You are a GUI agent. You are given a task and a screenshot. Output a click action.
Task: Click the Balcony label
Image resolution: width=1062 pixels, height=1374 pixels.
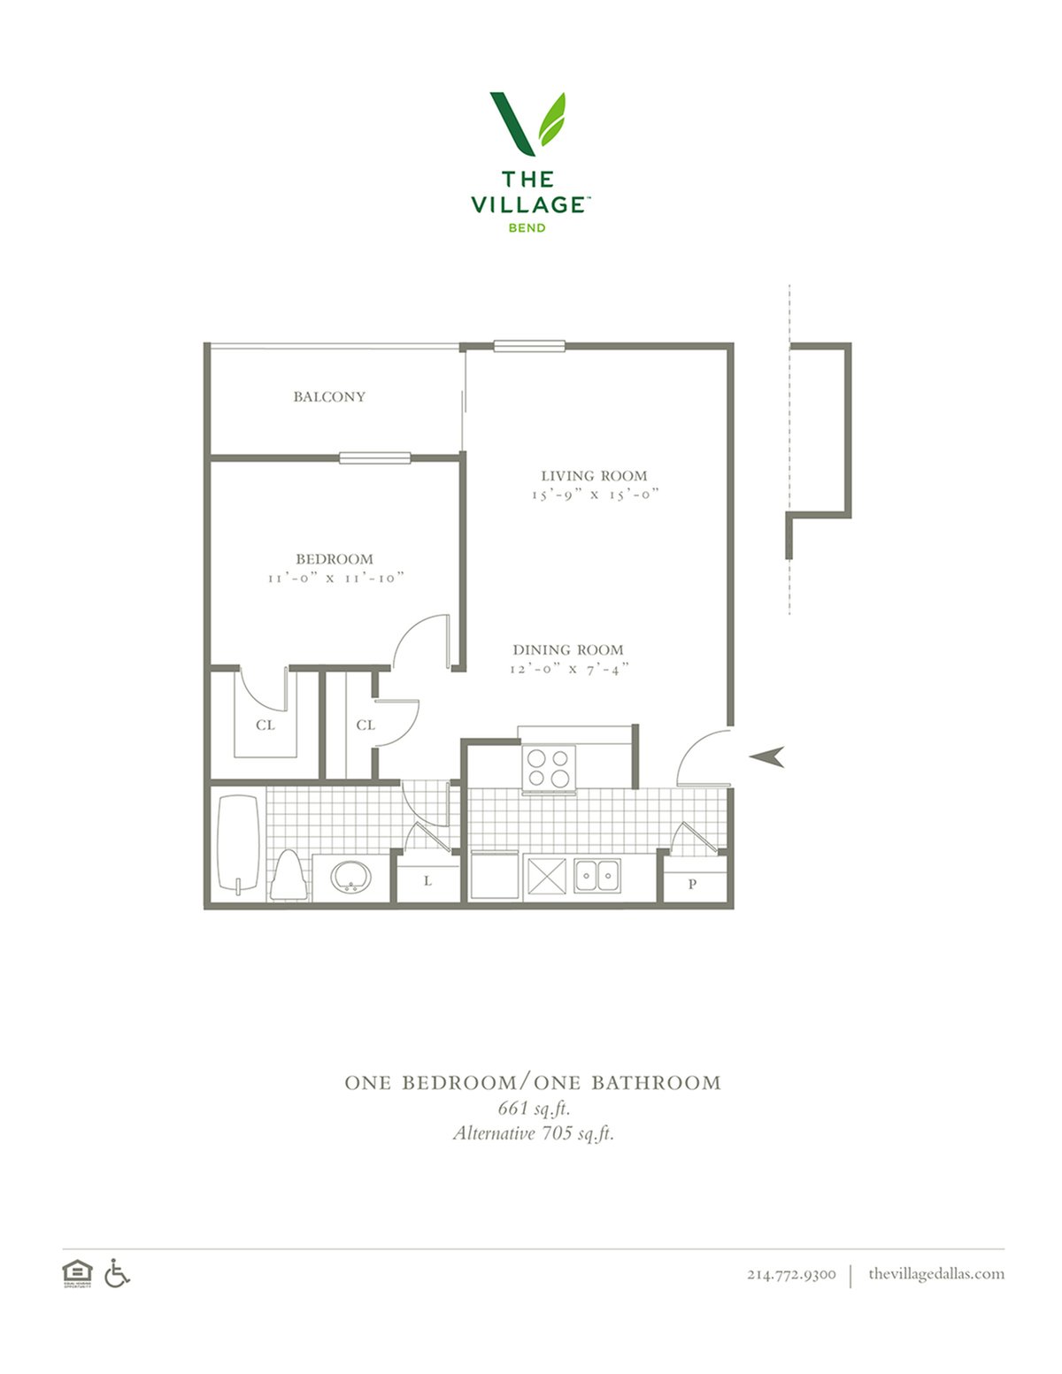(329, 396)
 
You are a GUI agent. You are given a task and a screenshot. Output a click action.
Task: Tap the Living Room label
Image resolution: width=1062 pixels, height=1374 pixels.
(594, 475)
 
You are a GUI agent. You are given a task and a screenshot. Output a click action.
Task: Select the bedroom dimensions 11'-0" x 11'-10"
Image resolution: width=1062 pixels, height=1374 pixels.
(336, 578)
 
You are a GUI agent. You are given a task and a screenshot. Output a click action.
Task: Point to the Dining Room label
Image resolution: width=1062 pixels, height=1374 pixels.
(568, 649)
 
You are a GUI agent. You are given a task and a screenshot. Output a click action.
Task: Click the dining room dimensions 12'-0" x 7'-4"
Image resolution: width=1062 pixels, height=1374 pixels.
(569, 668)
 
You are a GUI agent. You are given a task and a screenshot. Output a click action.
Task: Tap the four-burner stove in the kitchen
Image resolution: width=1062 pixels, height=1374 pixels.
(549, 768)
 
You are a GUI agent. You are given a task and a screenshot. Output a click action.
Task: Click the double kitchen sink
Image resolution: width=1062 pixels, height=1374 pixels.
(597, 876)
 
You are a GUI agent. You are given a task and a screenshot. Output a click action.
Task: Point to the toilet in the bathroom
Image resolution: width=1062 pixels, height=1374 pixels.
(289, 875)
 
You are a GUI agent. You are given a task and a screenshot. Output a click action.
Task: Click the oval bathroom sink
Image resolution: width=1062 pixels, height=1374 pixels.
(351, 877)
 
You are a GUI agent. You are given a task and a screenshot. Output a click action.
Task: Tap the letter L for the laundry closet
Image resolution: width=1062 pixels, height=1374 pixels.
(427, 881)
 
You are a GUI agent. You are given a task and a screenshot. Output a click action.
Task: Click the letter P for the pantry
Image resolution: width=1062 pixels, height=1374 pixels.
(692, 884)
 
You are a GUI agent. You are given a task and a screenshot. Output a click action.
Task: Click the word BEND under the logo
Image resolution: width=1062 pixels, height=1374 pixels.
(527, 227)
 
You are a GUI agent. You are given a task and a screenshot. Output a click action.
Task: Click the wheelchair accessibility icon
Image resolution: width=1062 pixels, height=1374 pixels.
(117, 1273)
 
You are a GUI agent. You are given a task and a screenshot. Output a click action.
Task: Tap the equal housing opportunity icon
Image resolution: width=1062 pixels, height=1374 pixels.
(77, 1273)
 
